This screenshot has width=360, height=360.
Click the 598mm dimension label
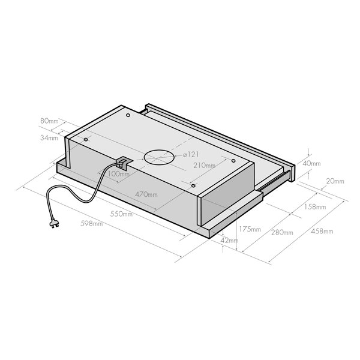click(92, 224)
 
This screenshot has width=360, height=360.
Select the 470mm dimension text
click(146, 194)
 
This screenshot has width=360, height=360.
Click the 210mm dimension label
click(205, 165)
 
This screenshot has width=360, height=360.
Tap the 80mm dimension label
click(49, 121)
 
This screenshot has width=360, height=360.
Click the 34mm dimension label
click(49, 138)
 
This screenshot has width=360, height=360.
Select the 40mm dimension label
click(312, 163)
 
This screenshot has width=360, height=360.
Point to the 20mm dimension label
click(335, 181)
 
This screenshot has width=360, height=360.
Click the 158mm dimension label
click(315, 208)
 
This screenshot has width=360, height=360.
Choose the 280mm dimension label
click(282, 232)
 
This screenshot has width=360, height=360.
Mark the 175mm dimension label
click(250, 229)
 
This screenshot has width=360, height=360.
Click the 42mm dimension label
click(230, 241)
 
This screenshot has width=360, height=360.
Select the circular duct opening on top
click(159, 157)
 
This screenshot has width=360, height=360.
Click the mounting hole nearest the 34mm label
click(86, 139)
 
